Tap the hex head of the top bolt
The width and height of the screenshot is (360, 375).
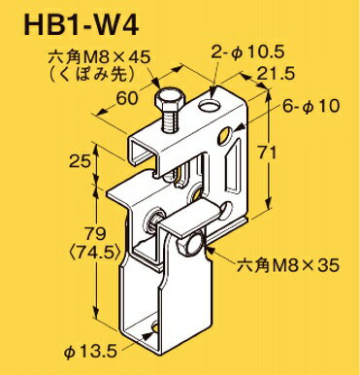[170, 104]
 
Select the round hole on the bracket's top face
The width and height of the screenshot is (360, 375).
[210, 100]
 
